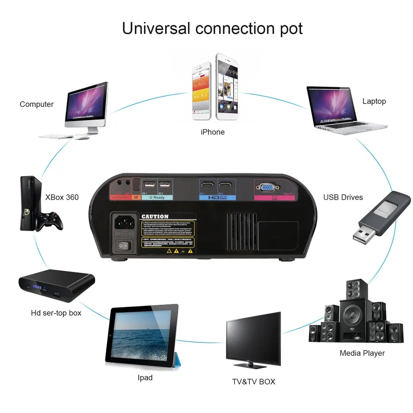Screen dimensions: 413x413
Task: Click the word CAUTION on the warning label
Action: (155, 217)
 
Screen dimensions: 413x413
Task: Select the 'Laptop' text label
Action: (374, 101)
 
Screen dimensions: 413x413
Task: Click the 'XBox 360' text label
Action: (62, 197)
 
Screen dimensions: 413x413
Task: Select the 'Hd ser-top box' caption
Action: (56, 313)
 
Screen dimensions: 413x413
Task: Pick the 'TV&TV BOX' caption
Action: (254, 382)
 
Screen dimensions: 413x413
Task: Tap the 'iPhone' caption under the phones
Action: (213, 132)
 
